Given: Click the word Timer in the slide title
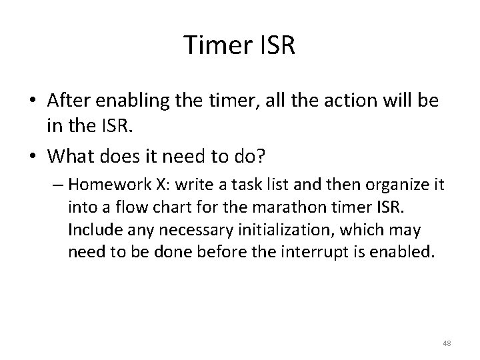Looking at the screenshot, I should point(217,46).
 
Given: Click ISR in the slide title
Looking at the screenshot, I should point(276,46).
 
